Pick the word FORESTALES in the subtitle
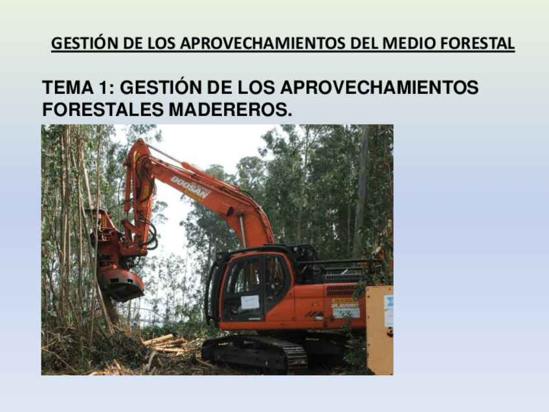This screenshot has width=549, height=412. click(x=103, y=110)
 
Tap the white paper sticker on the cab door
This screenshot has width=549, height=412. click(x=250, y=302)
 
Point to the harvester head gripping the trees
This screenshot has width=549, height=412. click(x=117, y=259)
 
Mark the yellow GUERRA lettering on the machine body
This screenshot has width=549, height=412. click(x=344, y=303)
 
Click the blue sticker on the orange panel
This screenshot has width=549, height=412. click(x=388, y=310)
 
